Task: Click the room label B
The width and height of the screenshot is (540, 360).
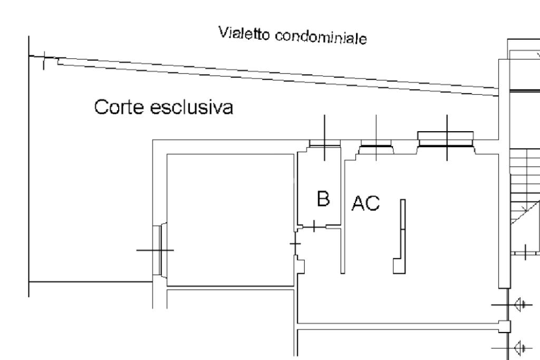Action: pyautogui.click(x=323, y=199)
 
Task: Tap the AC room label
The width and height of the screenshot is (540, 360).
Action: pyautogui.click(x=365, y=203)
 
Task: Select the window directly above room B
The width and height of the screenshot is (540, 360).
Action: pyautogui.click(x=324, y=143)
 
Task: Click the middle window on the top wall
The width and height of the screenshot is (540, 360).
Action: pyautogui.click(x=375, y=143)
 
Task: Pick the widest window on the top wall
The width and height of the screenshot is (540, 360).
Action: pyautogui.click(x=446, y=139)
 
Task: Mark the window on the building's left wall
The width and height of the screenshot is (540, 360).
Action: pyautogui.click(x=157, y=250)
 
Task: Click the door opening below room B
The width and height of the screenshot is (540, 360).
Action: pyautogui.click(x=315, y=227)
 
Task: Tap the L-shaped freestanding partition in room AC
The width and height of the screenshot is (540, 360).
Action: pyautogui.click(x=401, y=237)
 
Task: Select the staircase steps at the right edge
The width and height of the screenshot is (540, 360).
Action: pyautogui.click(x=525, y=174)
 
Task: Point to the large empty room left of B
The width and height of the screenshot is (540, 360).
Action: pyautogui.click(x=230, y=220)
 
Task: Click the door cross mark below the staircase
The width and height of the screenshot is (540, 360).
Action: pyautogui.click(x=527, y=252)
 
